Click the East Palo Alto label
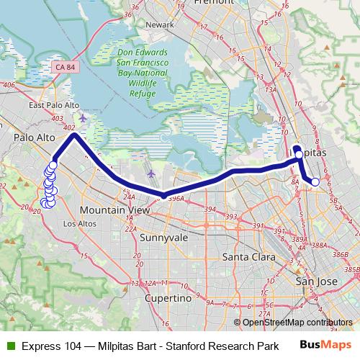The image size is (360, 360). click(53, 105)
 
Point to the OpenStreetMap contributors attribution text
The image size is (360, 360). click(298, 322)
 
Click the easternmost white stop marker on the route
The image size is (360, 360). click(315, 182)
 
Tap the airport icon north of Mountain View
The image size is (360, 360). click(150, 174)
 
